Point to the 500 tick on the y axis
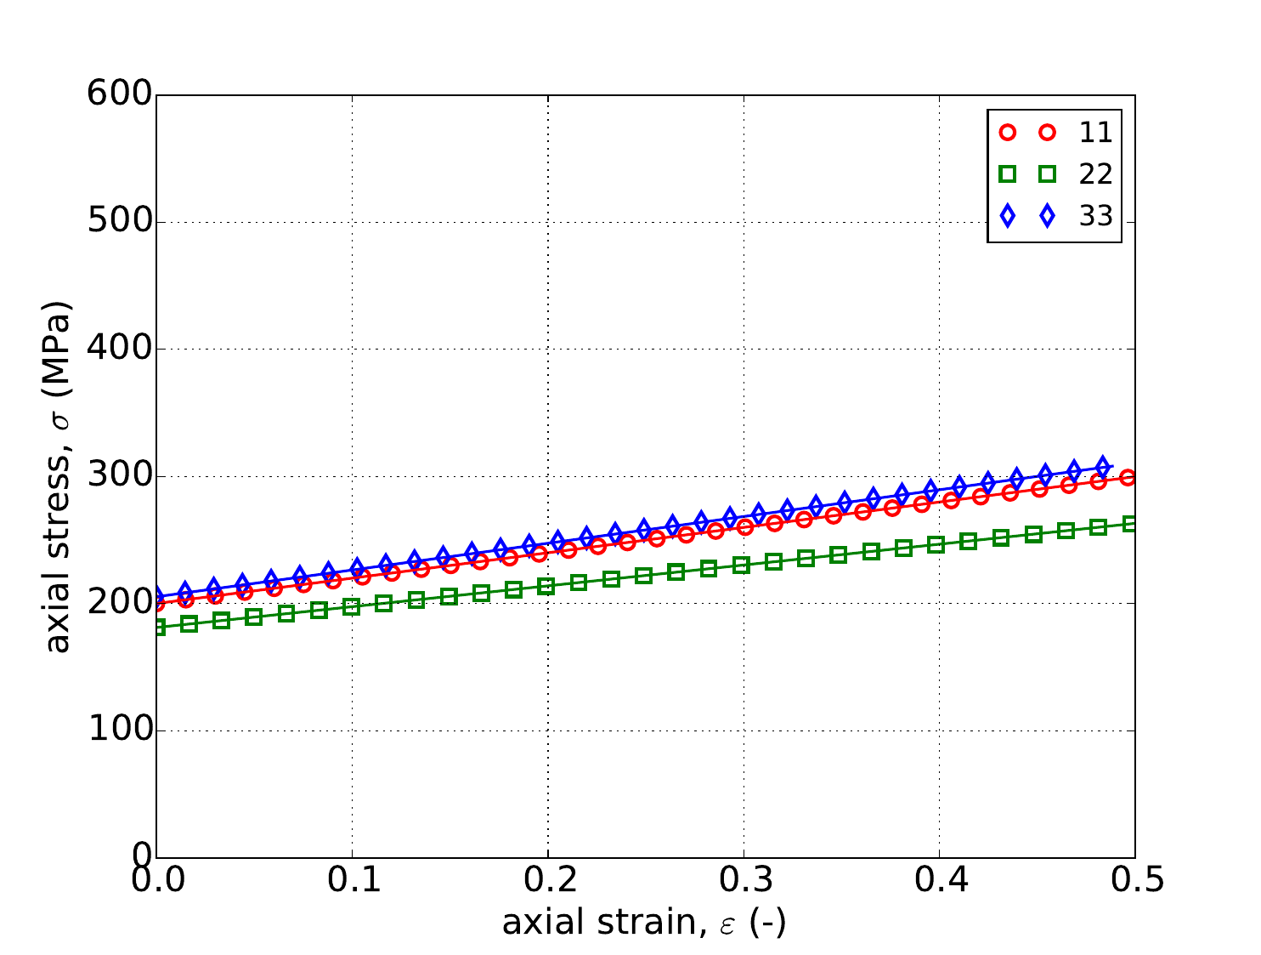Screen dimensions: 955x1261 [x=119, y=223]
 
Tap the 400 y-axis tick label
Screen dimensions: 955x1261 [x=119, y=350]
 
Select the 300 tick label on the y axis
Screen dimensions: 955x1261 [x=119, y=476]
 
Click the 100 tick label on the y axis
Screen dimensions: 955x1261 [x=119, y=730]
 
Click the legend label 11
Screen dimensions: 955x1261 [x=1095, y=133]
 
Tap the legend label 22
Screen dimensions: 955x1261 [x=1095, y=174]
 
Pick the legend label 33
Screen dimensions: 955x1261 [x=1095, y=217]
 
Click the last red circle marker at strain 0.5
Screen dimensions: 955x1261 [x=1128, y=477]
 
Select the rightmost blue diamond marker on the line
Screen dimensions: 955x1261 [x=1103, y=466]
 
